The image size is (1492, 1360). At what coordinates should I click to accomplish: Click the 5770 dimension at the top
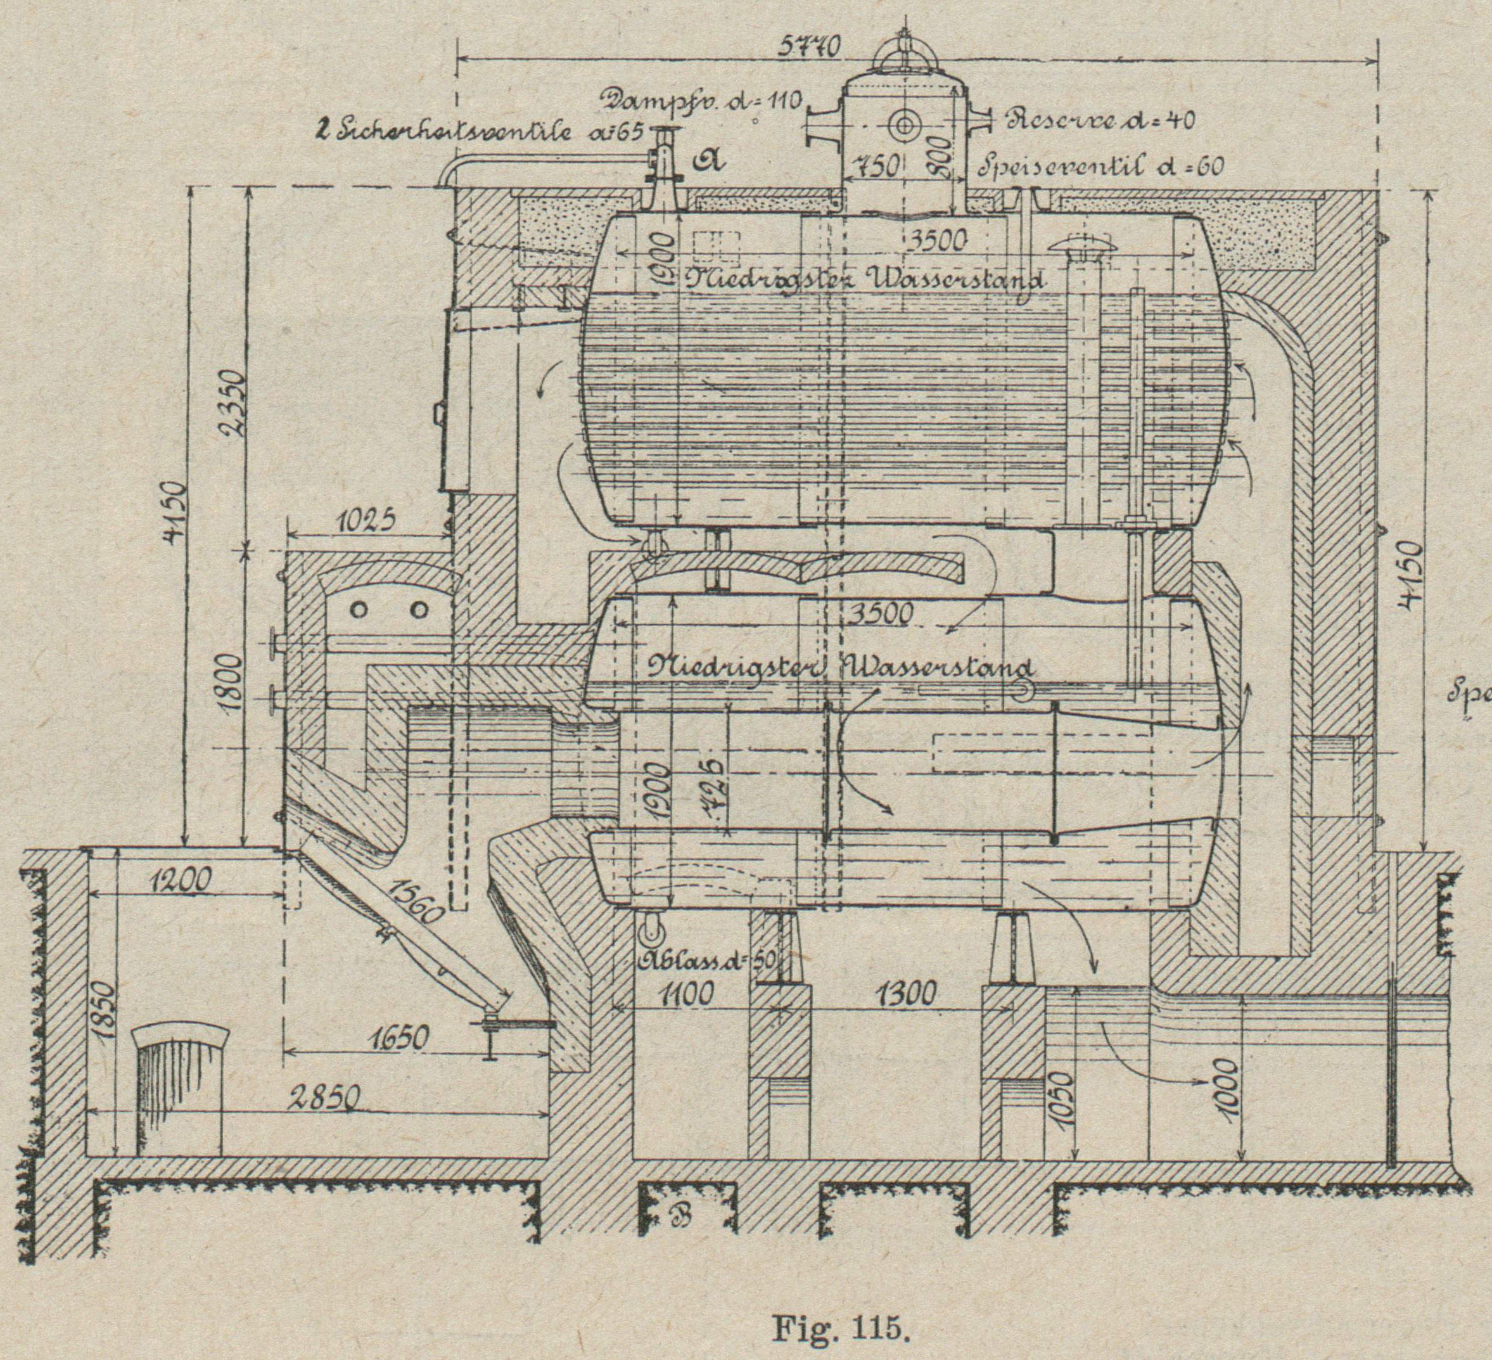[812, 47]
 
